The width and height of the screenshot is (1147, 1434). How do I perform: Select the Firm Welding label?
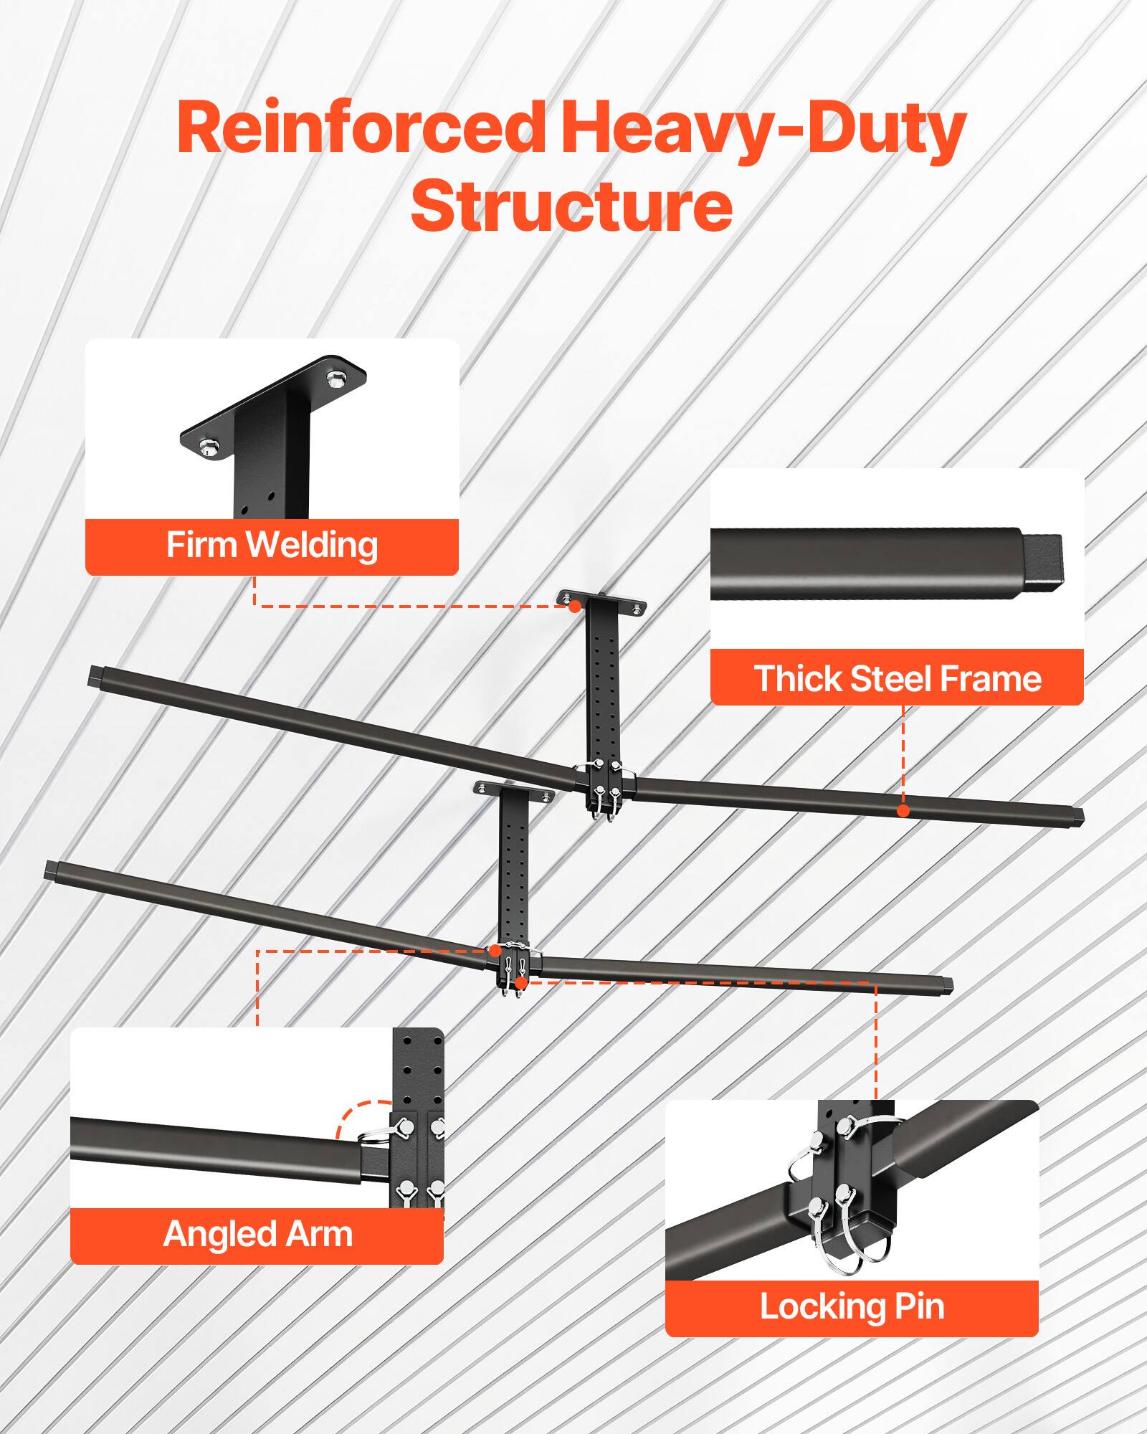[272, 546]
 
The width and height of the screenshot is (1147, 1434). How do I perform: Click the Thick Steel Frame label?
[897, 678]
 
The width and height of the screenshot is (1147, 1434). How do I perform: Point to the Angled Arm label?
[257, 1234]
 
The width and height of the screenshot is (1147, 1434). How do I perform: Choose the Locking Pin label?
[852, 1306]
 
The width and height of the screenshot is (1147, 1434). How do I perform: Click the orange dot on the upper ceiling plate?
[574, 607]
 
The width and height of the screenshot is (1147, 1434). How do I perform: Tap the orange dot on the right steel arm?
[903, 811]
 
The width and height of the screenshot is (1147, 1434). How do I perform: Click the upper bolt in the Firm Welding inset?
[334, 378]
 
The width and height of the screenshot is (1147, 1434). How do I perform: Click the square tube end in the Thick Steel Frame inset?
[1042, 561]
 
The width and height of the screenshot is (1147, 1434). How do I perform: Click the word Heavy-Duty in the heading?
[763, 129]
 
